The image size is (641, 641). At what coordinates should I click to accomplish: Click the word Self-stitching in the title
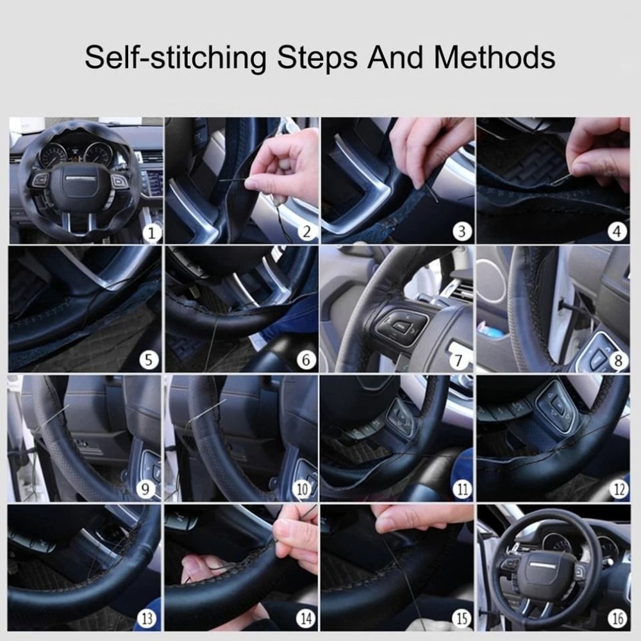click(x=175, y=58)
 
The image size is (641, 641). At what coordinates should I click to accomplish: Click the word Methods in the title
click(x=494, y=57)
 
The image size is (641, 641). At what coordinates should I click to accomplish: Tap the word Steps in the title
click(x=317, y=58)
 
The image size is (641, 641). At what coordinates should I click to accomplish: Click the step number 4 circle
click(x=618, y=232)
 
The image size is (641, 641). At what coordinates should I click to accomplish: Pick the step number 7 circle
click(x=459, y=361)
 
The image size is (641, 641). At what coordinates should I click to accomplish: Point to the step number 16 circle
click(x=618, y=619)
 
